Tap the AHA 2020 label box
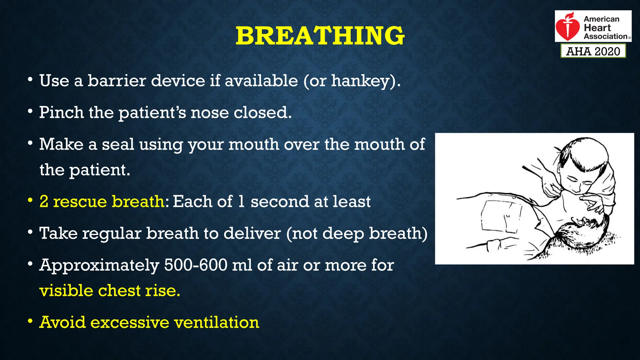pos(593,51)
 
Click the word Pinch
pos(61,112)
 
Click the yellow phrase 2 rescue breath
pos(102,202)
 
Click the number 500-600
pos(196,265)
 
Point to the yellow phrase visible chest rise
pos(110,291)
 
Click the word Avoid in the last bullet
pos(62,322)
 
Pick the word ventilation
pos(217,322)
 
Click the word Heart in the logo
pos(597,28)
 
